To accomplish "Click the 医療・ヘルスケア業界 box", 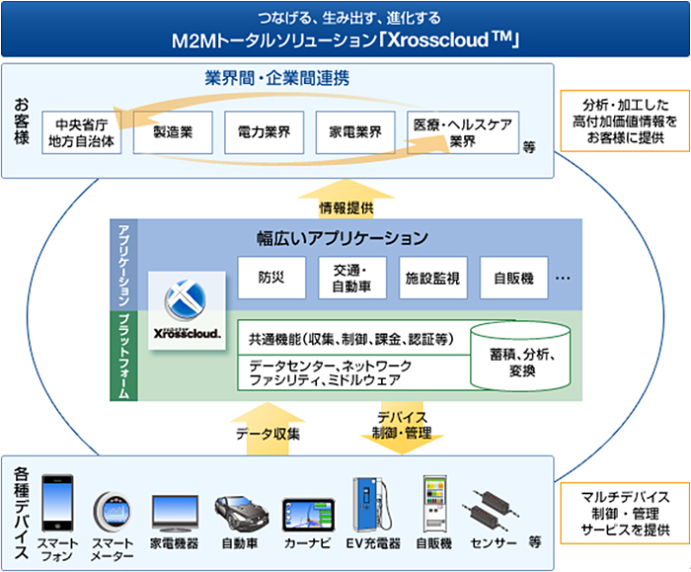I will (462, 132).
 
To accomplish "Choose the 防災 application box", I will (271, 278).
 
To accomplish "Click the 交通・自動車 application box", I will (352, 278).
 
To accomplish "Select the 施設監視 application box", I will (432, 278).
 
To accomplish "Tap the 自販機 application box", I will (513, 278).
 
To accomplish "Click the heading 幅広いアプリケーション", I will (342, 238).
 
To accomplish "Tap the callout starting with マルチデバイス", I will (618, 510).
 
